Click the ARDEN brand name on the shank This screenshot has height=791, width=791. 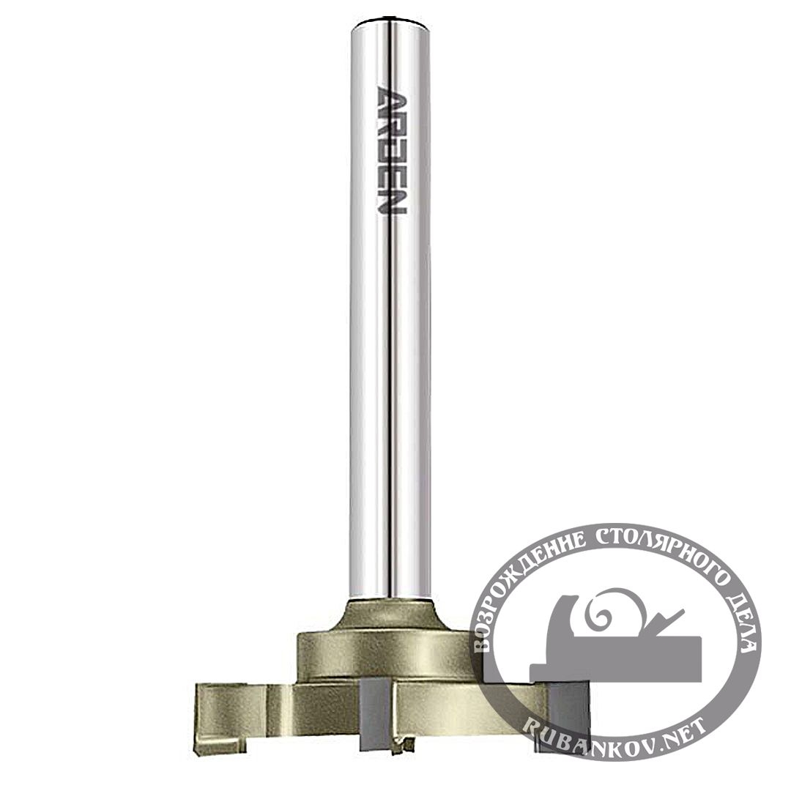[x=391, y=150]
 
